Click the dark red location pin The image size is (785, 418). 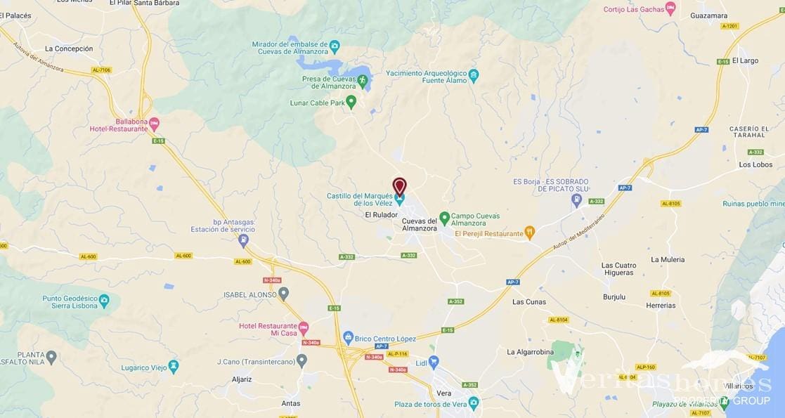point(399,185)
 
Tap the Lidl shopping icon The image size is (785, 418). point(434,363)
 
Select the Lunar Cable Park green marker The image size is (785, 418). point(351,103)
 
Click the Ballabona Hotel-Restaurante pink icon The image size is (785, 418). point(155,124)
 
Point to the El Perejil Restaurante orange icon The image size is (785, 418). point(530,232)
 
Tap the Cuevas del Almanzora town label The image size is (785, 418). point(419,225)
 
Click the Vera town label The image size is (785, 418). point(444,393)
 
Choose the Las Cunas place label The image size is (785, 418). point(528,302)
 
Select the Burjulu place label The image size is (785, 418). point(614,297)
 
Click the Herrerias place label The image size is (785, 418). point(661,306)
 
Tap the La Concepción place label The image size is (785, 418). point(68,49)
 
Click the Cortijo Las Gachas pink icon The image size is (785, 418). point(670,8)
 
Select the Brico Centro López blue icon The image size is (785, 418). point(348,338)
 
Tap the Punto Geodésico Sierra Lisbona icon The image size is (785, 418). point(104,301)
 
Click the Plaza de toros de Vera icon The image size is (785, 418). point(474,403)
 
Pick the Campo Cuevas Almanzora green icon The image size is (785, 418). point(444,217)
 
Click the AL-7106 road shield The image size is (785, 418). point(101,70)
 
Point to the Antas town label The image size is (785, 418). point(290,403)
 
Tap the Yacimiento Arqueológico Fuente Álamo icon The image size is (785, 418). point(474,74)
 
